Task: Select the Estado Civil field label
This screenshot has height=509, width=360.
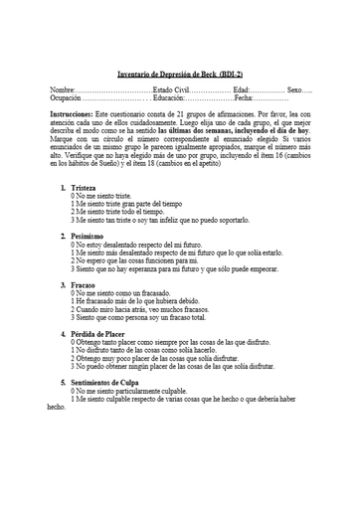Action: click(175, 89)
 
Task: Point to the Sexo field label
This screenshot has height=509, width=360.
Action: click(296, 89)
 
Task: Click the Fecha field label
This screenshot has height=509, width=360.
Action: click(244, 98)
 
